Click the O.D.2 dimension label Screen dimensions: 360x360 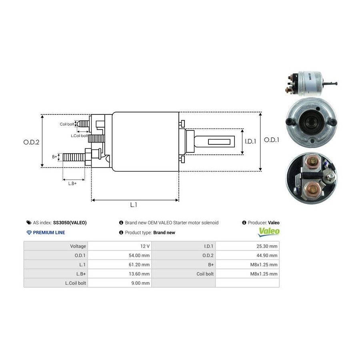coord(31,141)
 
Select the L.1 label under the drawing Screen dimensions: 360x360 coord(134,205)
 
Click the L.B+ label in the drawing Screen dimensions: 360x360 coord(72,183)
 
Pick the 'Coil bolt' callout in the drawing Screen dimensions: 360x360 coord(67,124)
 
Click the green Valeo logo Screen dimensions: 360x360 coord(269,231)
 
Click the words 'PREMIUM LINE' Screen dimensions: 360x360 coord(49,232)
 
